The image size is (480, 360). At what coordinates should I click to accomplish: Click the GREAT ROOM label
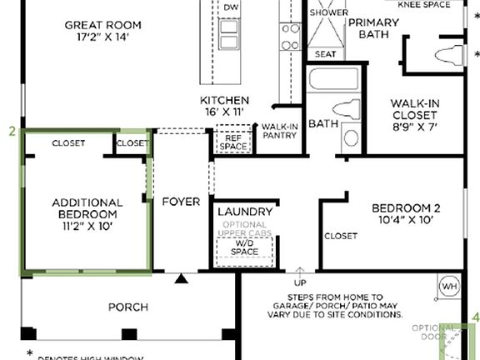pos(100,31)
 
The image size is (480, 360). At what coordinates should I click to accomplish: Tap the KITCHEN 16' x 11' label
pos(224,107)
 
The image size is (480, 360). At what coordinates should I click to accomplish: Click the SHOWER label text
pos(328,13)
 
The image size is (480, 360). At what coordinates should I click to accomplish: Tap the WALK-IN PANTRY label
pos(279,131)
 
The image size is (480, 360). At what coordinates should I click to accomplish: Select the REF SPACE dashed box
pos(233,142)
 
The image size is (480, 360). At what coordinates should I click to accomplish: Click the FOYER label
pos(181,202)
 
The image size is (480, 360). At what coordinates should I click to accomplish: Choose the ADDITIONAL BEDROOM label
pos(87,214)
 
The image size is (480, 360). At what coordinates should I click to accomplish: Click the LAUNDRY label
pos(245,212)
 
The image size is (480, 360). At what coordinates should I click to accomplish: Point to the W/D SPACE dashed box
pos(245,247)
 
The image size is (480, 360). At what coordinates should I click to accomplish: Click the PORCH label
pos(128,307)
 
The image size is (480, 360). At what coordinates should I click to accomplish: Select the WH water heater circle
pos(448,287)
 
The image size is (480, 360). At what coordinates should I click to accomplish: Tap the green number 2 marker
pos(12,131)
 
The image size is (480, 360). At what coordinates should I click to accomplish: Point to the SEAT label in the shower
pos(324,54)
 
